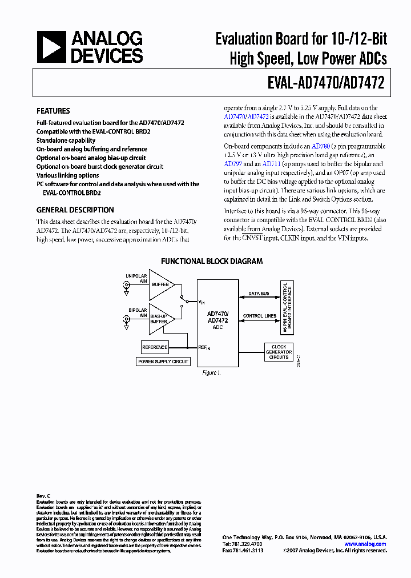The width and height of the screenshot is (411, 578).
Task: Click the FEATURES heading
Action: tap(53, 111)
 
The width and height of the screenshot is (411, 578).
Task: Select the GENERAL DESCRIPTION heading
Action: tap(75, 210)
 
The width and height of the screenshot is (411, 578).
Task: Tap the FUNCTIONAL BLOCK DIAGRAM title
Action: tap(212, 261)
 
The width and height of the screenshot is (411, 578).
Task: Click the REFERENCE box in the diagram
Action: tap(155, 347)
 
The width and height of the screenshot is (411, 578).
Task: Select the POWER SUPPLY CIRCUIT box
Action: tap(163, 362)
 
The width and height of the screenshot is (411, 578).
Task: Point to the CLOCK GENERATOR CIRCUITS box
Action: tap(279, 351)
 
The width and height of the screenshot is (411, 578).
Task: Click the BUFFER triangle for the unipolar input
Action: tap(160, 284)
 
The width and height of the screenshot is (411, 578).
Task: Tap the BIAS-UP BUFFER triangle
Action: tap(159, 322)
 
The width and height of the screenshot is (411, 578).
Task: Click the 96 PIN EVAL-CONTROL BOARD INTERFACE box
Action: tap(286, 308)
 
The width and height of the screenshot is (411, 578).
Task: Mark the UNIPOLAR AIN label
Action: tap(136, 279)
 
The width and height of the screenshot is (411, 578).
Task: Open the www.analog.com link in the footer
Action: tap(365, 544)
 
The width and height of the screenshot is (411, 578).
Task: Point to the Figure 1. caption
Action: tap(211, 372)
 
